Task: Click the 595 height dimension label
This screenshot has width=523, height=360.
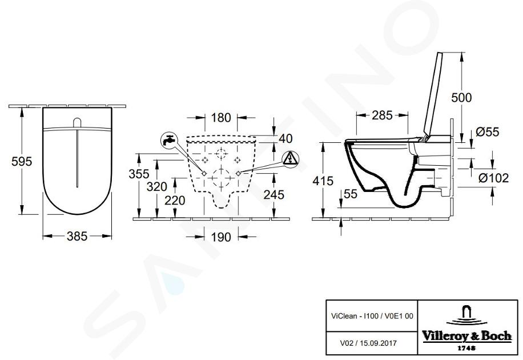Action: pyautogui.click(x=22, y=161)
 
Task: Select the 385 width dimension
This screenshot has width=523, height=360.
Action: pyautogui.click(x=77, y=236)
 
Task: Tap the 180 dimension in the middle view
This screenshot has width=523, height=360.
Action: pyautogui.click(x=221, y=118)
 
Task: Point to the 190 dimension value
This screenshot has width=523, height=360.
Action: pyautogui.click(x=221, y=237)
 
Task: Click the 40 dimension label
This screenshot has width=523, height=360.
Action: pyautogui.click(x=285, y=138)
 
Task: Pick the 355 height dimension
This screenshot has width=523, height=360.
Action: pyautogui.click(x=139, y=174)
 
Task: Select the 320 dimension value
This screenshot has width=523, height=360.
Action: pyautogui.click(x=157, y=187)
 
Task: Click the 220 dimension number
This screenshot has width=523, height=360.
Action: pyautogui.click(x=175, y=201)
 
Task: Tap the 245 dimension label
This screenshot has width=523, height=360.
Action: pyautogui.click(x=274, y=194)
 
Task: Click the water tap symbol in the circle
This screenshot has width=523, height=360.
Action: pyautogui.click(x=170, y=141)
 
